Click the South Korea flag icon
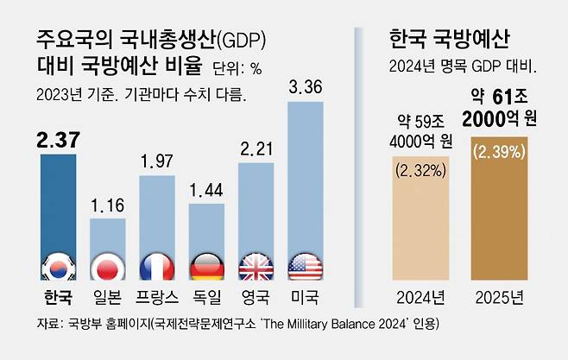pyautogui.click(x=58, y=268)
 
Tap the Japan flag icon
pyautogui.click(x=108, y=268)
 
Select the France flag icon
pyautogui.click(x=157, y=268)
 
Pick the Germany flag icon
pyautogui.click(x=206, y=268)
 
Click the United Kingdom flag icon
pyautogui.click(x=256, y=268)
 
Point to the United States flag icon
pyautogui.click(x=305, y=268)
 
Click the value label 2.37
pyautogui.click(x=57, y=138)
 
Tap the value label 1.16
pyautogui.click(x=107, y=206)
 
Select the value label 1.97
pyautogui.click(x=157, y=161)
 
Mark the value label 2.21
pyautogui.click(x=256, y=148)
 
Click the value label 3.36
pyautogui.click(x=305, y=86)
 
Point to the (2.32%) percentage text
pyautogui.click(x=420, y=170)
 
